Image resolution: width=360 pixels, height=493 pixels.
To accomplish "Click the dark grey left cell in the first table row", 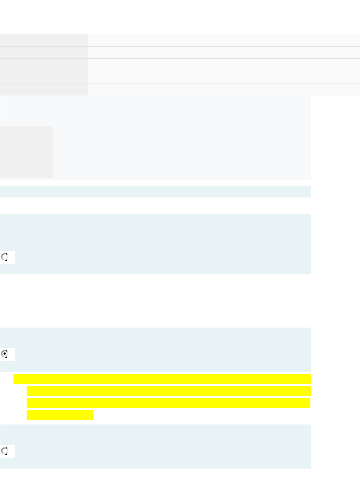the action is tap(44, 40).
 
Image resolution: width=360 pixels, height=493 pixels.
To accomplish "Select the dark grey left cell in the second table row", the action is tap(44, 52).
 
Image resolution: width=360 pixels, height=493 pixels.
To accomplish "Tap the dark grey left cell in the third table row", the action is tap(44, 65).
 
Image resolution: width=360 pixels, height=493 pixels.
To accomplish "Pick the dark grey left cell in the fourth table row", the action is tap(44, 77).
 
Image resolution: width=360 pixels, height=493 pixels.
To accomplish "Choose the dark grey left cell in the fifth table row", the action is tap(44, 89).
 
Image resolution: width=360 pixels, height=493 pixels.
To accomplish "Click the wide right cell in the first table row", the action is tap(224, 40).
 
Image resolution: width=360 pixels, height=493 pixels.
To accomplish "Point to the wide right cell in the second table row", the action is tap(224, 52).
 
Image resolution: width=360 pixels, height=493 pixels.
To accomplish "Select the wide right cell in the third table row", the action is tap(224, 65).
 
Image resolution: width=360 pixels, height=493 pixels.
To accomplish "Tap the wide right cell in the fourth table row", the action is tap(224, 77).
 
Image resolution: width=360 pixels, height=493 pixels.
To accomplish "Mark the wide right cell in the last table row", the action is tap(224, 89).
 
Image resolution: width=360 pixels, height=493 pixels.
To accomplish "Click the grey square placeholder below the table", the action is tap(27, 152).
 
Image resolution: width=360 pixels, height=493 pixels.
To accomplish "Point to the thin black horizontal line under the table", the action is tap(155, 95).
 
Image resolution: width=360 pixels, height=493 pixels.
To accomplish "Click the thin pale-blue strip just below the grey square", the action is tap(155, 192).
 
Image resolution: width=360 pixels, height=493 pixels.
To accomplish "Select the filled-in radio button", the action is tap(5, 354).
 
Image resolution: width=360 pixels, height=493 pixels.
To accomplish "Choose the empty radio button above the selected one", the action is tap(5, 257).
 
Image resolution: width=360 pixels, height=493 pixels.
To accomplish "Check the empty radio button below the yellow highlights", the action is tap(5, 451).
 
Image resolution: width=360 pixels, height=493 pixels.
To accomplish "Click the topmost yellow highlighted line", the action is tap(162, 379).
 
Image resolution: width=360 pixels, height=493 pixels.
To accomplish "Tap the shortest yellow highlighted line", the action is tap(60, 415).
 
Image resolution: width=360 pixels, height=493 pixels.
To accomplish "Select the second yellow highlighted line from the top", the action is tap(169, 391).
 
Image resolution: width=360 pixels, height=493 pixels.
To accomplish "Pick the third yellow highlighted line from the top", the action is tap(169, 403).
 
